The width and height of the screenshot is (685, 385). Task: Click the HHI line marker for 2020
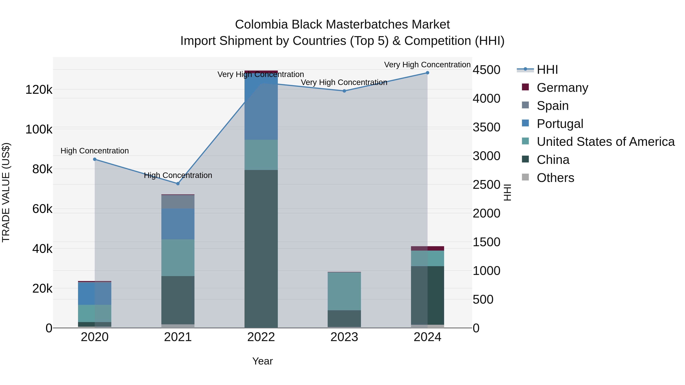tap(95, 159)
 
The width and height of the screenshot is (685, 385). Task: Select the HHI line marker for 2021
tap(178, 184)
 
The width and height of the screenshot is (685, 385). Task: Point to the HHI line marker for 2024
tap(427, 73)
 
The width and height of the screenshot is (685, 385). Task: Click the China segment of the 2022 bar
tap(261, 248)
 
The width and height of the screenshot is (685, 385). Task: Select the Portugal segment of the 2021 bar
tap(178, 224)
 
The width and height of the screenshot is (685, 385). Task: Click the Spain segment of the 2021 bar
tap(178, 202)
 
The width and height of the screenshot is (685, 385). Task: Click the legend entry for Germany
tap(562, 87)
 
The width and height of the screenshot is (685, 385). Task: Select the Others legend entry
tap(555, 178)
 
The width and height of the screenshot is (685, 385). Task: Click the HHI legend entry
tap(547, 70)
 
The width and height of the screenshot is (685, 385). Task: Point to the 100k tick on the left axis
tap(39, 129)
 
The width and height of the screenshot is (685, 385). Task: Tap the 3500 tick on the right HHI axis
tap(486, 127)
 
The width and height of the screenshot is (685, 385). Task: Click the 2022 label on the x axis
tap(261, 337)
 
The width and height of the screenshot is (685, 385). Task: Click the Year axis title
tap(262, 361)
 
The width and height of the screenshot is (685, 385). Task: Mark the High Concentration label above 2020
tap(95, 151)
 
